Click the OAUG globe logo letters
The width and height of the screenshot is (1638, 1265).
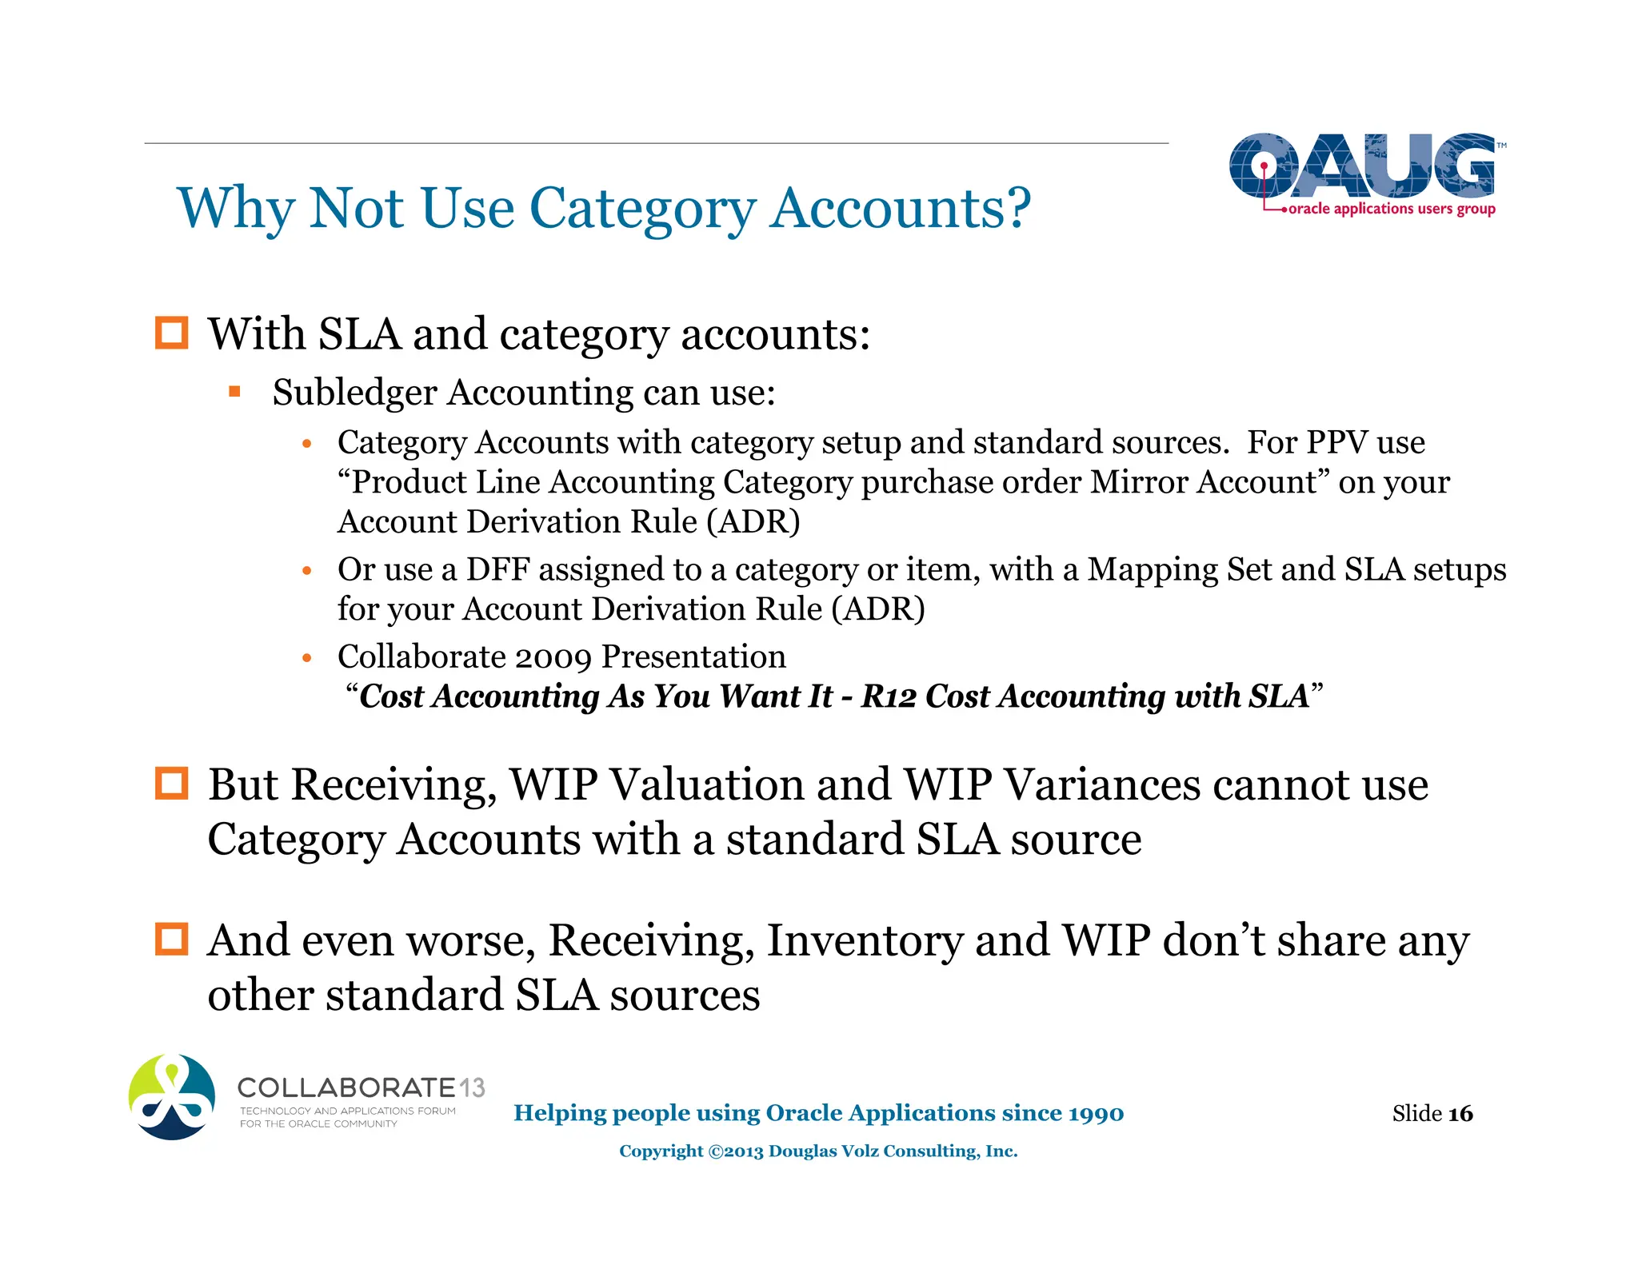coord(1361,166)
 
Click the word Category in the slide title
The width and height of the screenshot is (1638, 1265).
coord(641,210)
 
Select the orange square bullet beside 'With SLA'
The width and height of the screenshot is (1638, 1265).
coord(171,333)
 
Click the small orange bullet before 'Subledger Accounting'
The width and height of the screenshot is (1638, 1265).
coord(234,392)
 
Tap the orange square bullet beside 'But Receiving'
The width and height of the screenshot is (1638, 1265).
coord(171,784)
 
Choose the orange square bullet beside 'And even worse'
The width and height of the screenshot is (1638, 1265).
coord(171,940)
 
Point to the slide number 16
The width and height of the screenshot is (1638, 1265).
coord(1460,1113)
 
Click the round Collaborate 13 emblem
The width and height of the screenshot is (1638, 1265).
coord(172,1097)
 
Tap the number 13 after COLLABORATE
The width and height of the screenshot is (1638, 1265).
coord(472,1088)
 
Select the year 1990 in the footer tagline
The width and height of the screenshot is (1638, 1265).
coord(1096,1113)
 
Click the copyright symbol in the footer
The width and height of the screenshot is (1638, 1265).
coord(715,1151)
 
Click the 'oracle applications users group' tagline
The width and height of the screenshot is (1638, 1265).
coord(1391,209)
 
